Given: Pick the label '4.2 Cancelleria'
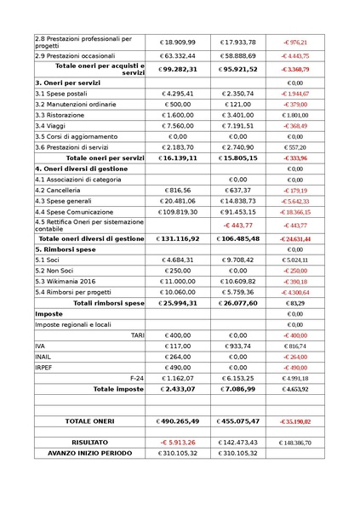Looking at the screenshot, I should click(x=59, y=191).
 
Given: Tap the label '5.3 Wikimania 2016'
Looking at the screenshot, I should click(x=66, y=281).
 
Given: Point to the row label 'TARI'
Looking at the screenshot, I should click(x=137, y=335).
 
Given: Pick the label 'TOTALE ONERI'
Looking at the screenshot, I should click(x=90, y=421).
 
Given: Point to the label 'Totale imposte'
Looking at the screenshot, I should click(x=118, y=388).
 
